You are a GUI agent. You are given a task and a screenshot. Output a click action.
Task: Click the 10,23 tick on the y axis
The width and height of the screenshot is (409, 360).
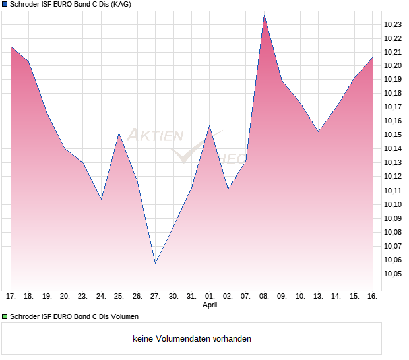[x=393, y=24]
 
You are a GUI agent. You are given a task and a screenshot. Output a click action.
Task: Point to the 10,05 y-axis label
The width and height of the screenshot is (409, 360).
[x=393, y=274]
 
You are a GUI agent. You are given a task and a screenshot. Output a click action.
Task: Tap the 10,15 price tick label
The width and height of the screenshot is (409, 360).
[x=393, y=135]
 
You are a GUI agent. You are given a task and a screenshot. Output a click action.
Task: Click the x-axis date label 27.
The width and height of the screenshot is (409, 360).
[x=155, y=297]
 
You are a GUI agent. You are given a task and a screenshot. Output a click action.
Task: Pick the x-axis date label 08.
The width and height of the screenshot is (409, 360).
[x=264, y=297]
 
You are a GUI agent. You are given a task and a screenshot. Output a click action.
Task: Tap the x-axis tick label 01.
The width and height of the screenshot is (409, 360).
[x=210, y=297]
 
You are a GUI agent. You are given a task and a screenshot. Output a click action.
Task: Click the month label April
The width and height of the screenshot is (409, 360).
[x=210, y=305]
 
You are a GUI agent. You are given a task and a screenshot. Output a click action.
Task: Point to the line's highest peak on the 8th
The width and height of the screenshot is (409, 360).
[x=264, y=15]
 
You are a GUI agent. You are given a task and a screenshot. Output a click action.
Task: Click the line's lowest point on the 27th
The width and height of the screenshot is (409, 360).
[x=155, y=263]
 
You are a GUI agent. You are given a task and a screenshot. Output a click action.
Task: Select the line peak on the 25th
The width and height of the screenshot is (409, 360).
[x=119, y=133]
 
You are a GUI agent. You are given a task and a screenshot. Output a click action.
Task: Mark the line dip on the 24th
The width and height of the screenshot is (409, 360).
[x=101, y=199]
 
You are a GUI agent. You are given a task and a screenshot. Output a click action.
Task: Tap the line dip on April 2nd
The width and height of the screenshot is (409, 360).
[x=228, y=189]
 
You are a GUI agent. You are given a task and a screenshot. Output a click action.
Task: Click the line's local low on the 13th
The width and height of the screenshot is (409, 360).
[x=318, y=131]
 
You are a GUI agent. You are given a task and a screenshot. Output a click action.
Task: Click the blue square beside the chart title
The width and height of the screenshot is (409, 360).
[x=4, y=4]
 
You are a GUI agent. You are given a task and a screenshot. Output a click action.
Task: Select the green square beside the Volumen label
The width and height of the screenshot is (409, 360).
[x=4, y=317]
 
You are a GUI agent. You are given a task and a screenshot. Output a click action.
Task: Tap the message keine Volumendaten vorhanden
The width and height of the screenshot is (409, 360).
[x=192, y=339]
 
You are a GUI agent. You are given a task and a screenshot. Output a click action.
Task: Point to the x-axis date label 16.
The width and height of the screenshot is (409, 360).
[x=372, y=297]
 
